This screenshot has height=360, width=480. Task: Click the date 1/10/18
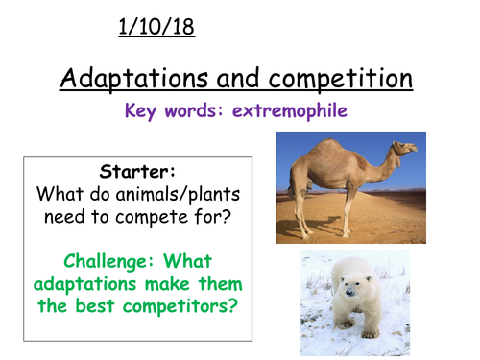pos(156,27)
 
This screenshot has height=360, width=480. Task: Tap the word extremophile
pos(288,110)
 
